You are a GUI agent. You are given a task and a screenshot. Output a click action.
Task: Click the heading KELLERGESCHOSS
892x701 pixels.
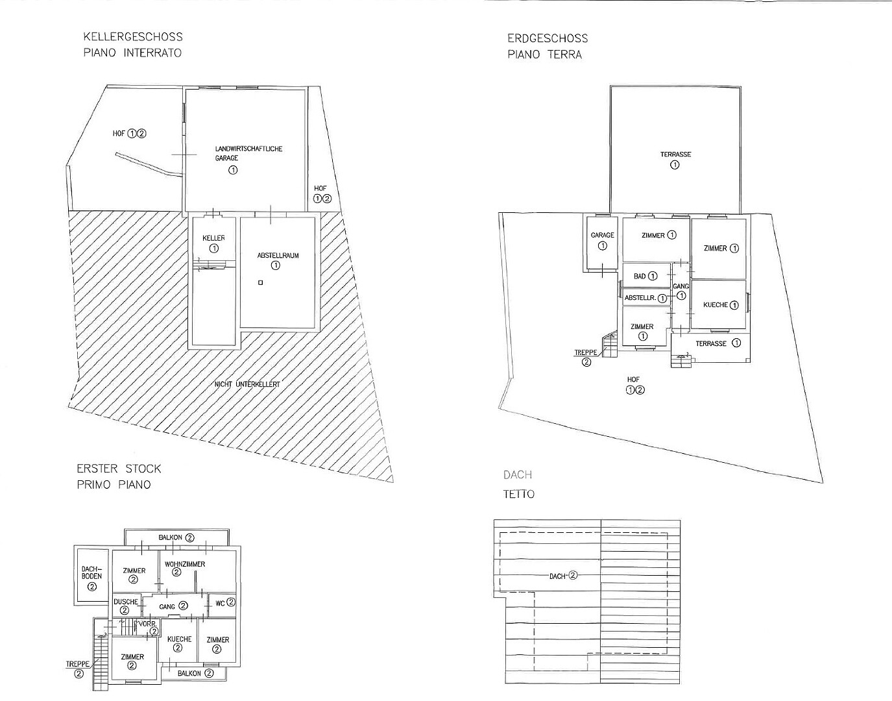point(133,37)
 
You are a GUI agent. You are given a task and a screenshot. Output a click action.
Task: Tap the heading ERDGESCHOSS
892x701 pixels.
point(548,38)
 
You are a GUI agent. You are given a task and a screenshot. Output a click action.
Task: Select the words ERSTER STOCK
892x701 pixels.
point(119,469)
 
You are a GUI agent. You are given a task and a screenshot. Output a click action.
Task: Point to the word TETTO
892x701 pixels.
point(519,494)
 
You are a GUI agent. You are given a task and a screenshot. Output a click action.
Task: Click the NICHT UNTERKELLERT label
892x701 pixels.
point(247,384)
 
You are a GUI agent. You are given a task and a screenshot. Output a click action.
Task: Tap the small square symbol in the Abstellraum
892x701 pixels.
point(260,282)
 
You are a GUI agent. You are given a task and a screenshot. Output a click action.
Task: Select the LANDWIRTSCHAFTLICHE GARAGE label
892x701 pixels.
point(248,153)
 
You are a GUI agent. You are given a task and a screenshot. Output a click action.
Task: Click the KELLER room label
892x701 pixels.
point(213,238)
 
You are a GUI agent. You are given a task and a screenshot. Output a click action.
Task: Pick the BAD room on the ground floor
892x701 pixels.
point(646,275)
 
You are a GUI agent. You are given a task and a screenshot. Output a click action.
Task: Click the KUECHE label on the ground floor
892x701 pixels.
point(716,304)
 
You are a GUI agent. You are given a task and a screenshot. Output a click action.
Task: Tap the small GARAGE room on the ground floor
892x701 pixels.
point(602,243)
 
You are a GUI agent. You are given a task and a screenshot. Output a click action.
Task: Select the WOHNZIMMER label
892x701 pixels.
point(185,564)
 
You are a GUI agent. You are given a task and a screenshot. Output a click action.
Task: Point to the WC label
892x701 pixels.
point(221,603)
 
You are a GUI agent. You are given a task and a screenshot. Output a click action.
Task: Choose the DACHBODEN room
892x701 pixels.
point(91,576)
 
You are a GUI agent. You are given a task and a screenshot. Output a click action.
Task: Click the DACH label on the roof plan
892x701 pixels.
point(557,576)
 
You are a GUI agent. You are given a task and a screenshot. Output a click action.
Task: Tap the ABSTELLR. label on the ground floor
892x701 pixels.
point(640,298)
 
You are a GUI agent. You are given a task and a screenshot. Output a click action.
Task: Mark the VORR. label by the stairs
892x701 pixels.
point(147,624)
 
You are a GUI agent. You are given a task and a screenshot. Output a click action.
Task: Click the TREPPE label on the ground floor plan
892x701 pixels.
point(586,352)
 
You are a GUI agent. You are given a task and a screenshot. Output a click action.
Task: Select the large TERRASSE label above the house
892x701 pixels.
point(676,154)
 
